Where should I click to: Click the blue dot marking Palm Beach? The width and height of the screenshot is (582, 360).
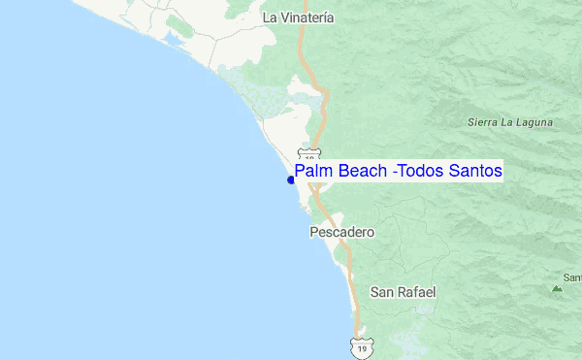[291, 180]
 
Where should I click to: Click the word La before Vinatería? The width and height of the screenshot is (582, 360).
[271, 16]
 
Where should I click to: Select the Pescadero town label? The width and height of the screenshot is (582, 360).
[341, 233]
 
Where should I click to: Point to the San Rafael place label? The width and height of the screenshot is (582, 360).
[404, 291]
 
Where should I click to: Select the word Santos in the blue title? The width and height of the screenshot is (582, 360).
[475, 172]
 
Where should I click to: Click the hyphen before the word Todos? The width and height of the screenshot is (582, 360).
[397, 173]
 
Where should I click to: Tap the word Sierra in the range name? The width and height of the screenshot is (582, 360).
[484, 122]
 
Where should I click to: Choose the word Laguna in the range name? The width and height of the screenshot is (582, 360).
[534, 122]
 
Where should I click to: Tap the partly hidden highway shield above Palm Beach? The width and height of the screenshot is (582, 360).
[308, 154]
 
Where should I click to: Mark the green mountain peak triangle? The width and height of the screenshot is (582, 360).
[557, 287]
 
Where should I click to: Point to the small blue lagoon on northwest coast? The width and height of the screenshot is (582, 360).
[178, 40]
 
